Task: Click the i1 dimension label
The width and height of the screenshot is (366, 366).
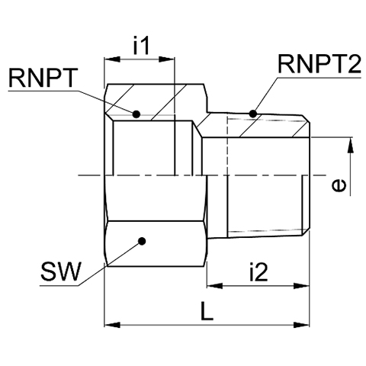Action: click(x=141, y=46)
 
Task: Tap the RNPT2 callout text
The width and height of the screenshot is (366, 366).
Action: click(x=319, y=64)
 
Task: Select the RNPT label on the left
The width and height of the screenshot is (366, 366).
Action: click(x=43, y=78)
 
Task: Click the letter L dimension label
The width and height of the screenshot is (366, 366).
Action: click(x=207, y=311)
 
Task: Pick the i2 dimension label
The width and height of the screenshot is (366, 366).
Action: click(x=258, y=272)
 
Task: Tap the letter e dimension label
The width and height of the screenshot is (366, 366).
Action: click(x=339, y=185)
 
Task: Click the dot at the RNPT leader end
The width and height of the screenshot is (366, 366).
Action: click(x=136, y=114)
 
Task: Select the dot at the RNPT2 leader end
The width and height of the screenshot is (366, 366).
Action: click(x=252, y=114)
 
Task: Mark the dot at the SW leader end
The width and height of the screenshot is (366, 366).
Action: click(x=142, y=241)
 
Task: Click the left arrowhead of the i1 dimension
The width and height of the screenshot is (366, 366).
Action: click(x=112, y=59)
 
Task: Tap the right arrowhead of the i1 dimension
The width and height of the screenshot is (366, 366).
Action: click(x=166, y=59)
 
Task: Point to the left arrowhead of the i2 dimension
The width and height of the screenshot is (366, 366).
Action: click(x=215, y=286)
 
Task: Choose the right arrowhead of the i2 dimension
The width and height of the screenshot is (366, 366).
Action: click(x=301, y=286)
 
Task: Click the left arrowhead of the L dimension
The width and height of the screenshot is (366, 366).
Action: click(x=112, y=325)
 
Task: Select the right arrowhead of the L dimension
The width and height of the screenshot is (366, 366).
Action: click(x=301, y=325)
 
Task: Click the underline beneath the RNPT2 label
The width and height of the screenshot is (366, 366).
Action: click(x=319, y=78)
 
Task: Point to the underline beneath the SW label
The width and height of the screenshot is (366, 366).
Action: click(x=59, y=285)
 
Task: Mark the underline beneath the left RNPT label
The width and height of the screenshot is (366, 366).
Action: click(x=43, y=91)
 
